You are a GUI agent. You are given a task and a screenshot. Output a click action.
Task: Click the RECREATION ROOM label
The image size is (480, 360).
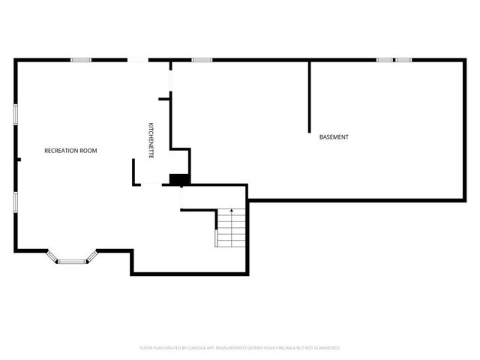click(70, 151)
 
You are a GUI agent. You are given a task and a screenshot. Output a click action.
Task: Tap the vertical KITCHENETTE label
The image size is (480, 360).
click(151, 139)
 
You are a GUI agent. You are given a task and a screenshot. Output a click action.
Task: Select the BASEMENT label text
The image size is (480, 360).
click(334, 137)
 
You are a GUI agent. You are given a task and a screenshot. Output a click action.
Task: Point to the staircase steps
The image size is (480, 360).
click(231, 229)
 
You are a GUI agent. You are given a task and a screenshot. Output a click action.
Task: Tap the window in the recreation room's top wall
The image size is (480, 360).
click(81, 60)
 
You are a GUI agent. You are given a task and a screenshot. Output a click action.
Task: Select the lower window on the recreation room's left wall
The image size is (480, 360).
click(16, 202)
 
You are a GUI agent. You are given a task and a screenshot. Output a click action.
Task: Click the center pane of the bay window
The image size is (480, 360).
click(72, 262)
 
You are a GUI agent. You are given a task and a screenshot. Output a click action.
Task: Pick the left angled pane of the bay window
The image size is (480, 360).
click(52, 256)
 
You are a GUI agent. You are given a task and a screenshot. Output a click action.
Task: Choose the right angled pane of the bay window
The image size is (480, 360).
click(92, 256)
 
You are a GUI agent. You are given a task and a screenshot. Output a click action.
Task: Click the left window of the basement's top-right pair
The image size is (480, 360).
click(385, 60)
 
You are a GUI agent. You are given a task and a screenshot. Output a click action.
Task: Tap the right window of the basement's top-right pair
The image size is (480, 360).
click(403, 60)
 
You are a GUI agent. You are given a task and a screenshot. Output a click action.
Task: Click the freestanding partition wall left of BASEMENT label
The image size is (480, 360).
click(309, 97)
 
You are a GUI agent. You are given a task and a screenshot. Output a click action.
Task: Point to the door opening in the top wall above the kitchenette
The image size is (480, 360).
click(138, 60)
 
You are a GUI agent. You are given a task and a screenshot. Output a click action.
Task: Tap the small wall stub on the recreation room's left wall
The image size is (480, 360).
click(19, 159)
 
